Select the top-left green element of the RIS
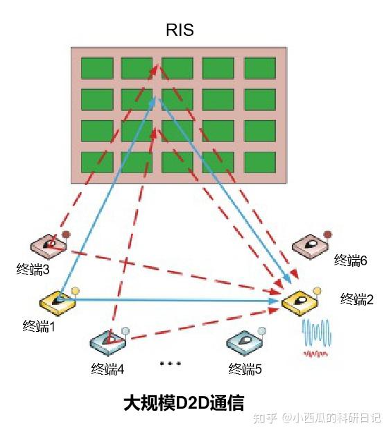point(97,67)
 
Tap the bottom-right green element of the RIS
point(260,161)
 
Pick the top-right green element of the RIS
point(260,67)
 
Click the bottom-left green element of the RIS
point(97,161)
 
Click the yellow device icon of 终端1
point(58,301)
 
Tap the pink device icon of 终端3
point(48,245)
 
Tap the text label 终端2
point(357,299)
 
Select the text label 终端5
point(245,369)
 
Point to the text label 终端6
point(350,260)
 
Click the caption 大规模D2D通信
point(183,402)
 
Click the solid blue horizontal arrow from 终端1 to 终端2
point(173,300)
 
